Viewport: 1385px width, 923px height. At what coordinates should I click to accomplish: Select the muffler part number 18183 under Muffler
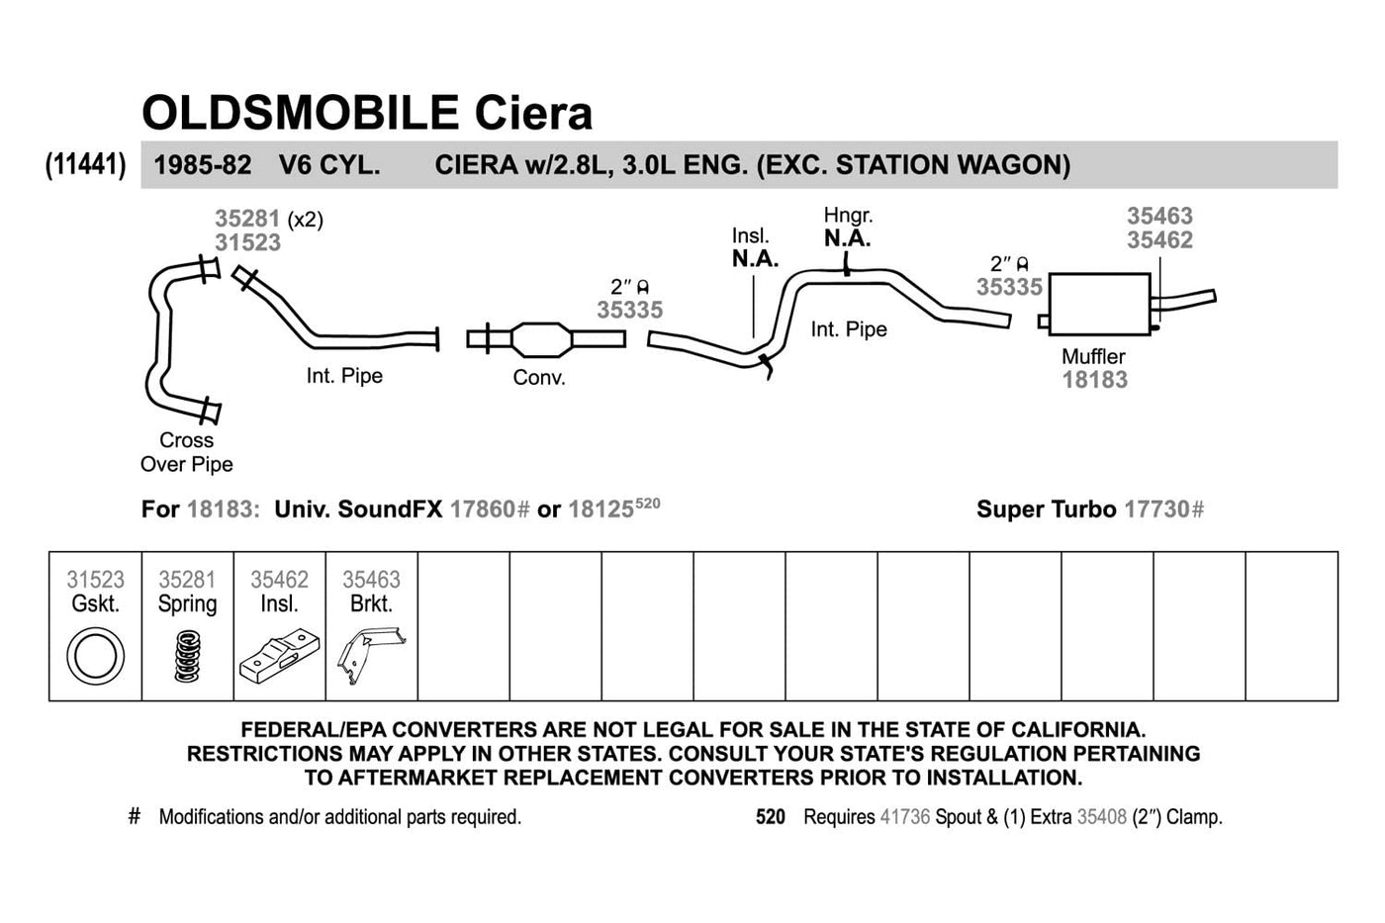click(1094, 380)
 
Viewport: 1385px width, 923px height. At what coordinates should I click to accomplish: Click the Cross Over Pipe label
click(186, 452)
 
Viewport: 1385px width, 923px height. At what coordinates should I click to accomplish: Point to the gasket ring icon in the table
click(95, 657)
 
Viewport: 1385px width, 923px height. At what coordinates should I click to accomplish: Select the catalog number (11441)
click(86, 164)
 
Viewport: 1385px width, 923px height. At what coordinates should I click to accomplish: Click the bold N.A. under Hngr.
click(847, 238)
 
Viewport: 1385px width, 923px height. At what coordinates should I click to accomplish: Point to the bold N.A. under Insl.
click(755, 259)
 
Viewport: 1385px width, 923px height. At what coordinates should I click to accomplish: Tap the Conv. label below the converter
click(539, 378)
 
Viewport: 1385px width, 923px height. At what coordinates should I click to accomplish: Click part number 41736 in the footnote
click(904, 817)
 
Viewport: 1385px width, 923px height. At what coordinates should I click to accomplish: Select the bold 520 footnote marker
click(770, 817)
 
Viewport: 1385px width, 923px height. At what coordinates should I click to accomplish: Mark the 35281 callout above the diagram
click(247, 219)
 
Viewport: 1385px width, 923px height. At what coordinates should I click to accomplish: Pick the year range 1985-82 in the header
click(203, 164)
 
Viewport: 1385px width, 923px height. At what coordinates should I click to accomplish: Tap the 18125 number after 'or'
click(600, 509)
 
